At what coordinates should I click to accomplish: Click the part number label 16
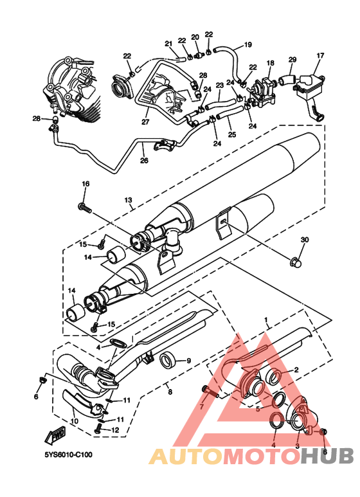coord(86,184)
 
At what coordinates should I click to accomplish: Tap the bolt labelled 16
coord(84,208)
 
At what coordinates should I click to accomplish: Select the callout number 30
coord(305,240)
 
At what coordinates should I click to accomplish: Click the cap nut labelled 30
coord(294,262)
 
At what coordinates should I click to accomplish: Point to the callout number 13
coord(128,201)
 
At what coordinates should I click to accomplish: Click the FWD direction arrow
coord(56,436)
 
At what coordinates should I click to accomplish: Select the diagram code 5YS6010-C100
coord(68,455)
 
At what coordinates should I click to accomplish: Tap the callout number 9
coord(188,361)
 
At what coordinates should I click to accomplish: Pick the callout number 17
coord(320,56)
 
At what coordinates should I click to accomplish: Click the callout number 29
coord(292,60)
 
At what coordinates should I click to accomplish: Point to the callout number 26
coord(144,160)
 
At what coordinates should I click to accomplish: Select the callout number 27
coord(145,122)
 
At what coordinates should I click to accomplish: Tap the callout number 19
coord(248,44)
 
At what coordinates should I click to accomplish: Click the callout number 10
coord(74,422)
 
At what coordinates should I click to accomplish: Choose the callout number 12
coord(115,429)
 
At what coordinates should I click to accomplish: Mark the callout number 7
coord(202,406)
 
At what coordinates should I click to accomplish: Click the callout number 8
coord(170,392)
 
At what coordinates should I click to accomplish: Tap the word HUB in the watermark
coord(327,456)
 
